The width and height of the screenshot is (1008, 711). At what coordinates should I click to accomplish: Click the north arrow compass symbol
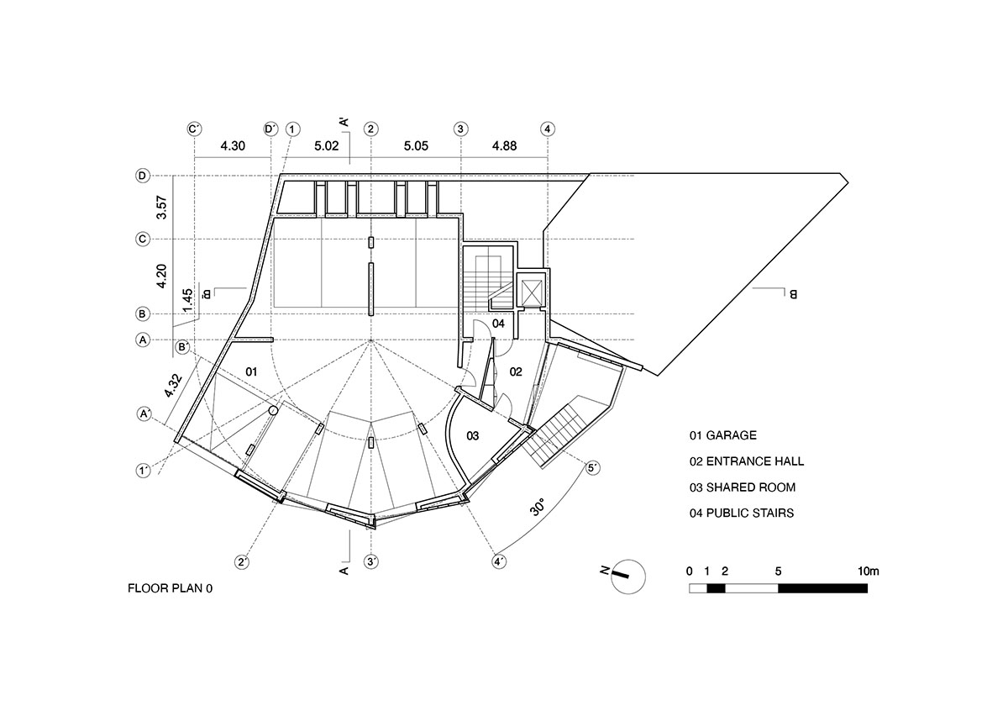(x=626, y=577)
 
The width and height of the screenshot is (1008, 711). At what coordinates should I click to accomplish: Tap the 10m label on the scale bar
(x=868, y=571)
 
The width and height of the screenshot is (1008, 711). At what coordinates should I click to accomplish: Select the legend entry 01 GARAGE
(x=722, y=435)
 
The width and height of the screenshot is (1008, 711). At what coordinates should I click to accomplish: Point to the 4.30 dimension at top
(x=233, y=146)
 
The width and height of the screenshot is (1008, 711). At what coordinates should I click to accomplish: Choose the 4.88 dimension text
(x=504, y=146)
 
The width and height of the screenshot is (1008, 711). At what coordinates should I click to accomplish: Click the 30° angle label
(x=538, y=508)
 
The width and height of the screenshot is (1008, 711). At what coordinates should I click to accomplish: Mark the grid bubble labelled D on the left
(x=143, y=176)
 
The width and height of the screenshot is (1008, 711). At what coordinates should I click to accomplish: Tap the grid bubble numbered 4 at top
(x=548, y=129)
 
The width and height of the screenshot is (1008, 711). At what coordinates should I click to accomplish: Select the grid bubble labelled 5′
(x=592, y=468)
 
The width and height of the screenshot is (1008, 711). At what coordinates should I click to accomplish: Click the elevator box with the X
(x=531, y=291)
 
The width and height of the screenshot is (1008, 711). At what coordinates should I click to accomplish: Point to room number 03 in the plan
(x=473, y=435)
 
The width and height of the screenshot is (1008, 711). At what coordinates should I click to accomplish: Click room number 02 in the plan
(x=516, y=371)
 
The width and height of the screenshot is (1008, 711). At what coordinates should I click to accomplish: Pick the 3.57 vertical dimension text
(x=162, y=208)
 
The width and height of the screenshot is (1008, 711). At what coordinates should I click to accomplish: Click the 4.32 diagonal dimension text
(x=173, y=383)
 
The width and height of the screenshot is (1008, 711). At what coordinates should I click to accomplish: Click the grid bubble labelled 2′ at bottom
(x=243, y=561)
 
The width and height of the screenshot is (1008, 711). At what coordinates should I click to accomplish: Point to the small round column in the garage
(x=273, y=410)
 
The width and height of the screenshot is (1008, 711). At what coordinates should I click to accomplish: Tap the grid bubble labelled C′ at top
(x=194, y=129)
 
